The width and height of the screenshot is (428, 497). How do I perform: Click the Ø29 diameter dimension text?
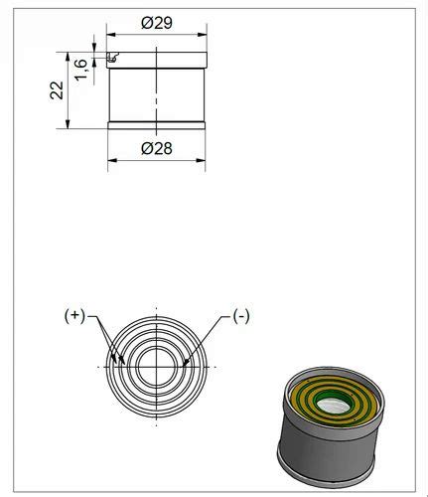point(157,23)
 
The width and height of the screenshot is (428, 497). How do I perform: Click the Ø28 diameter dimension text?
point(157,148)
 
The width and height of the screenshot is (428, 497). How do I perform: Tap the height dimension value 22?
point(57,90)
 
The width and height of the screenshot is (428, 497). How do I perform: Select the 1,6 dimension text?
point(80,70)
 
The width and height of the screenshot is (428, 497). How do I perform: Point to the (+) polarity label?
point(74,316)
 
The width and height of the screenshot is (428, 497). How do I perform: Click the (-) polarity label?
point(241,316)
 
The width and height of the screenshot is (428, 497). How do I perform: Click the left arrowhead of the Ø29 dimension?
point(111,35)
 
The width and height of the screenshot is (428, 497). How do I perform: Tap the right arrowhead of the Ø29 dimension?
point(203,35)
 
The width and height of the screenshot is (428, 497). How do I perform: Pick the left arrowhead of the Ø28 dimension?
point(112,160)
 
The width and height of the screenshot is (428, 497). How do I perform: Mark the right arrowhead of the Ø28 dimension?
point(201,160)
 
